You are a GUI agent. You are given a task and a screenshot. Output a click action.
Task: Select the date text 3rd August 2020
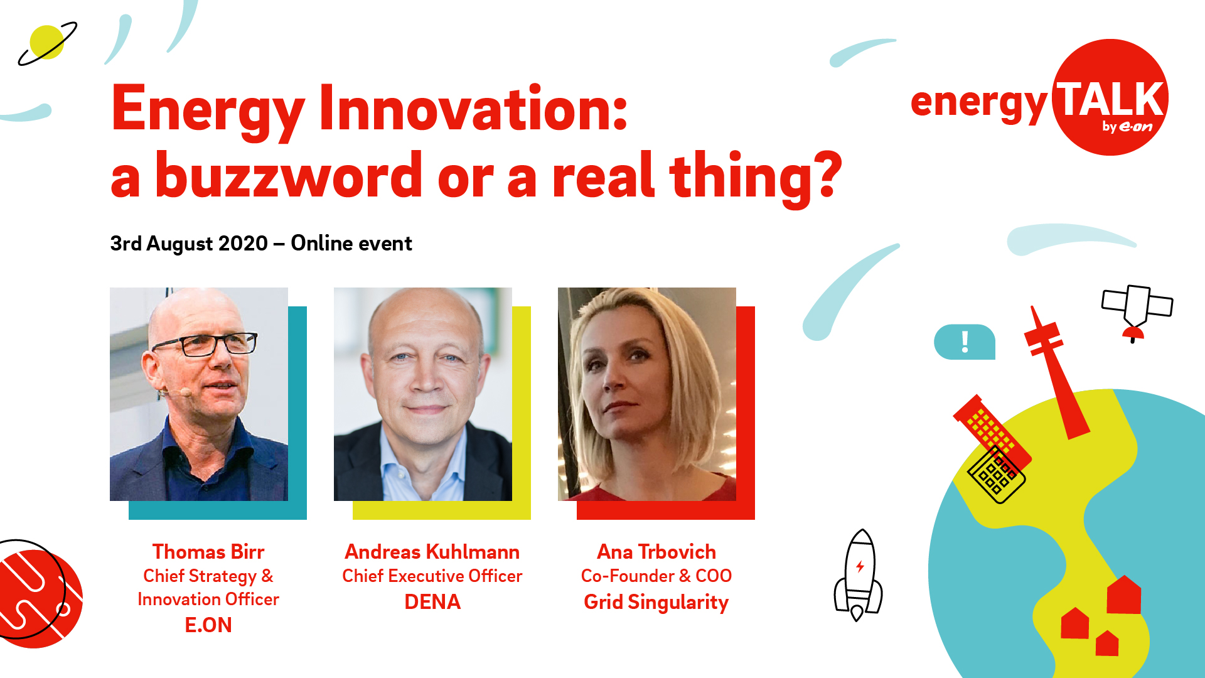click(189, 243)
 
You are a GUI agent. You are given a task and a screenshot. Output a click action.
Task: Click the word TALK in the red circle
click(1109, 99)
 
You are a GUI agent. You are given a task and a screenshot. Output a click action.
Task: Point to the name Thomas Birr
click(208, 551)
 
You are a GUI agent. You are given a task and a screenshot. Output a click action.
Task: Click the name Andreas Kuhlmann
click(432, 551)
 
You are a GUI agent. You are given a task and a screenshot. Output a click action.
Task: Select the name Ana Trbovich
click(656, 551)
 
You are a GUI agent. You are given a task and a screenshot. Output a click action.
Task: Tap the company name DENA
click(432, 601)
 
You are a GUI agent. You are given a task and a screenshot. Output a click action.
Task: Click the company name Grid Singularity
click(656, 602)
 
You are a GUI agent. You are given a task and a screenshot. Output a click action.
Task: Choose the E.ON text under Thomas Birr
click(208, 625)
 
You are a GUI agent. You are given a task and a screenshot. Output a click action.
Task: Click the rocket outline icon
click(858, 574)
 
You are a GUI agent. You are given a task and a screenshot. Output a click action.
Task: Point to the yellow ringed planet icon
click(47, 43)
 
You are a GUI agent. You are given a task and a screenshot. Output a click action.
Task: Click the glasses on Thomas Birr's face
click(204, 344)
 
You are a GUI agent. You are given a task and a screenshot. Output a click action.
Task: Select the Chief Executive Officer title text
click(432, 576)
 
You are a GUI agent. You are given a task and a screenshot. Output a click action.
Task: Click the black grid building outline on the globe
click(997, 475)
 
